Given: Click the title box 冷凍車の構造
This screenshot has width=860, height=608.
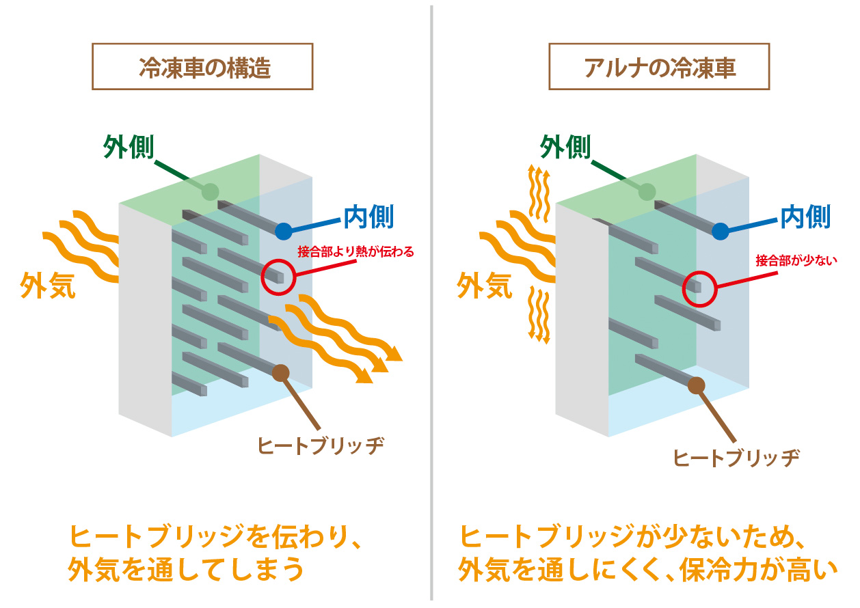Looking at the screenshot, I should point(202,67).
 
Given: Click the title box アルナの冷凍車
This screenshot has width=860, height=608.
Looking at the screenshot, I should point(659,67).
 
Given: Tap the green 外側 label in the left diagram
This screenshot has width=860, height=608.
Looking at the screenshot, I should point(129,147).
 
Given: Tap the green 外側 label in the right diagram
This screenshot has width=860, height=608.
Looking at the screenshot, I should point(565,146).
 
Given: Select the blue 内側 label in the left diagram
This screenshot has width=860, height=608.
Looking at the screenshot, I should point(368,217).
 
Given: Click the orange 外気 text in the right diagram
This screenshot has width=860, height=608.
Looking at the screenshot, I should point(485,285).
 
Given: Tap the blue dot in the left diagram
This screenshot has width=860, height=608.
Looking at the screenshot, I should point(284,231).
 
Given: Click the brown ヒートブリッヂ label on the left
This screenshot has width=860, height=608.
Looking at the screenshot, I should point(321,445).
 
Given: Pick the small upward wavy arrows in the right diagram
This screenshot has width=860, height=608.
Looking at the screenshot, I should point(541,194).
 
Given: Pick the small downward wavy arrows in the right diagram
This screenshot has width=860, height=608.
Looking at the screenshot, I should point(541,314).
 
